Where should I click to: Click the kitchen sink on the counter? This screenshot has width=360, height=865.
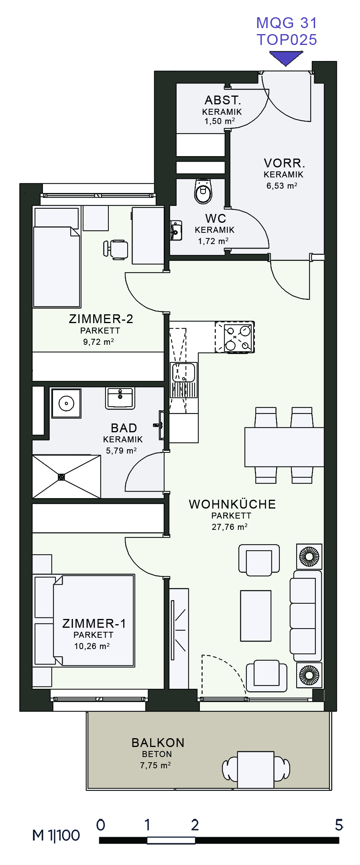click(184, 373)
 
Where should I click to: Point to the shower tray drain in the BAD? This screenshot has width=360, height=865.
click(61, 477)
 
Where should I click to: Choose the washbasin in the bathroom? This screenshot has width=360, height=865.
click(120, 398)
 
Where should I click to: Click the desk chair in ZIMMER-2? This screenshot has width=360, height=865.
click(116, 249)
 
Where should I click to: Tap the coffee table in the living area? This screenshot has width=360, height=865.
click(256, 616)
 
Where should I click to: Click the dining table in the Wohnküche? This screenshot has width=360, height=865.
click(284, 447)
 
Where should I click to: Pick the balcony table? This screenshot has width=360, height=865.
click(256, 769)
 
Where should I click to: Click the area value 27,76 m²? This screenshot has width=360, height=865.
click(230, 527)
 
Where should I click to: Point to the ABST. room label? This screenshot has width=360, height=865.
click(223, 100)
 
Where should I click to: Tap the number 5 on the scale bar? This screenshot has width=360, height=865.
click(339, 825)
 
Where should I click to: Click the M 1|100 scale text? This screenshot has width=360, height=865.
click(56, 835)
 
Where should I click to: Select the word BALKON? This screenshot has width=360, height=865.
click(158, 743)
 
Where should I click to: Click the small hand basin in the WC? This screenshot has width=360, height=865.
click(176, 231)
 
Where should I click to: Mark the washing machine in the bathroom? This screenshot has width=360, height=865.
click(66, 403)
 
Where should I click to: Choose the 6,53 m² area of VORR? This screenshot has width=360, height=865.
click(282, 186)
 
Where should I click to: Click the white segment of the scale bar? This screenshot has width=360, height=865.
click(171, 840)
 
